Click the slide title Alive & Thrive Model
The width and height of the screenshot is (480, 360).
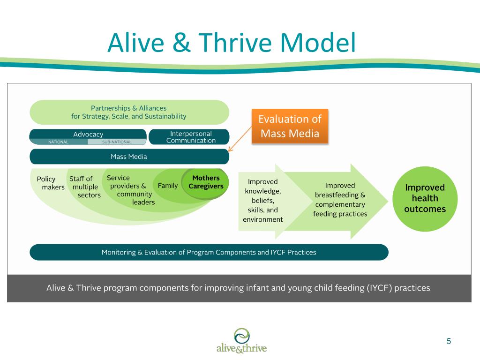point(231,43)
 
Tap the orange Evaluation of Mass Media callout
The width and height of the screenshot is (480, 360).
point(290,126)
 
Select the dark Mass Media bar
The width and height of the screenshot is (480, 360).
point(129,157)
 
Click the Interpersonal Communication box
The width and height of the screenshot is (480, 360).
point(190,137)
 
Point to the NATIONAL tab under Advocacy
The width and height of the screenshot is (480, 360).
point(59,142)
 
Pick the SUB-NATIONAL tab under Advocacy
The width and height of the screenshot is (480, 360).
point(117,142)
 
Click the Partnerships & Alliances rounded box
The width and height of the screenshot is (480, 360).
point(129,112)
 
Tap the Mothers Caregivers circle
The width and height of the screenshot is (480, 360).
point(206,182)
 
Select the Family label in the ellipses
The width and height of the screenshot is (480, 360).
point(168,186)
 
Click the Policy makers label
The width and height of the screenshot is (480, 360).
point(50,183)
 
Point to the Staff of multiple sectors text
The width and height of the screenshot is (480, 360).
point(85,187)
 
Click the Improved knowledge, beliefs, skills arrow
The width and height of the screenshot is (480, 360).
point(262,200)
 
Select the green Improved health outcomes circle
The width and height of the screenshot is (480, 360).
point(425,198)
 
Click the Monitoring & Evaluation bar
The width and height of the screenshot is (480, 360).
point(209,252)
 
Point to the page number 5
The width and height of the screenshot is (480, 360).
point(449,341)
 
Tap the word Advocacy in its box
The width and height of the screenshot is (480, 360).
point(88,134)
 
